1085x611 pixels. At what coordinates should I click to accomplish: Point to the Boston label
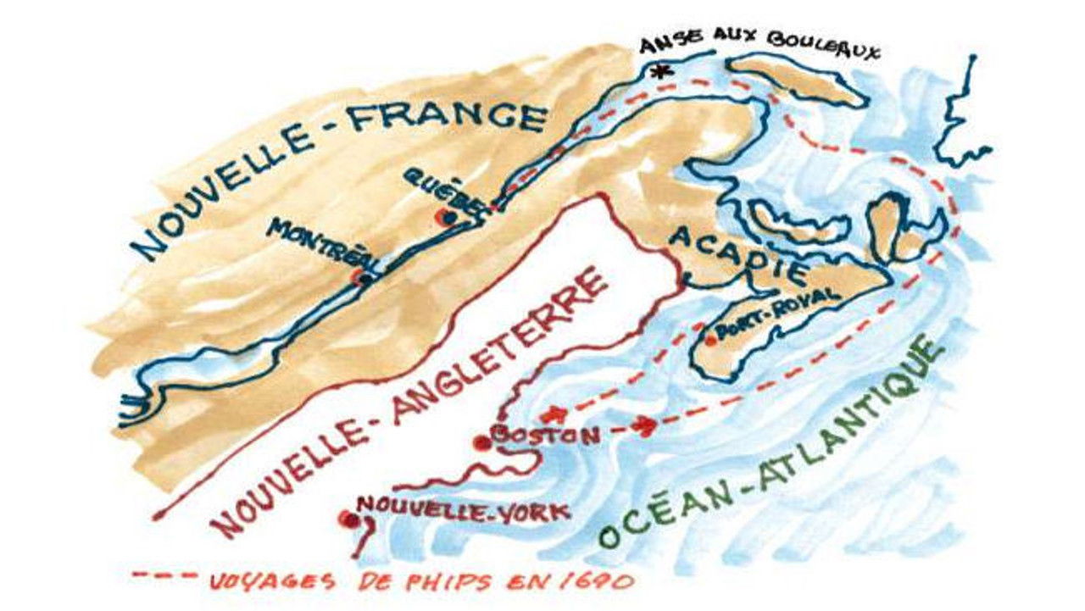pos(548,435)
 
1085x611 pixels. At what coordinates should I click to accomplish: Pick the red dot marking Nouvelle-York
pos(345,519)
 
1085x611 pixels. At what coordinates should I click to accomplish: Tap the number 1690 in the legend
pos(601,582)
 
